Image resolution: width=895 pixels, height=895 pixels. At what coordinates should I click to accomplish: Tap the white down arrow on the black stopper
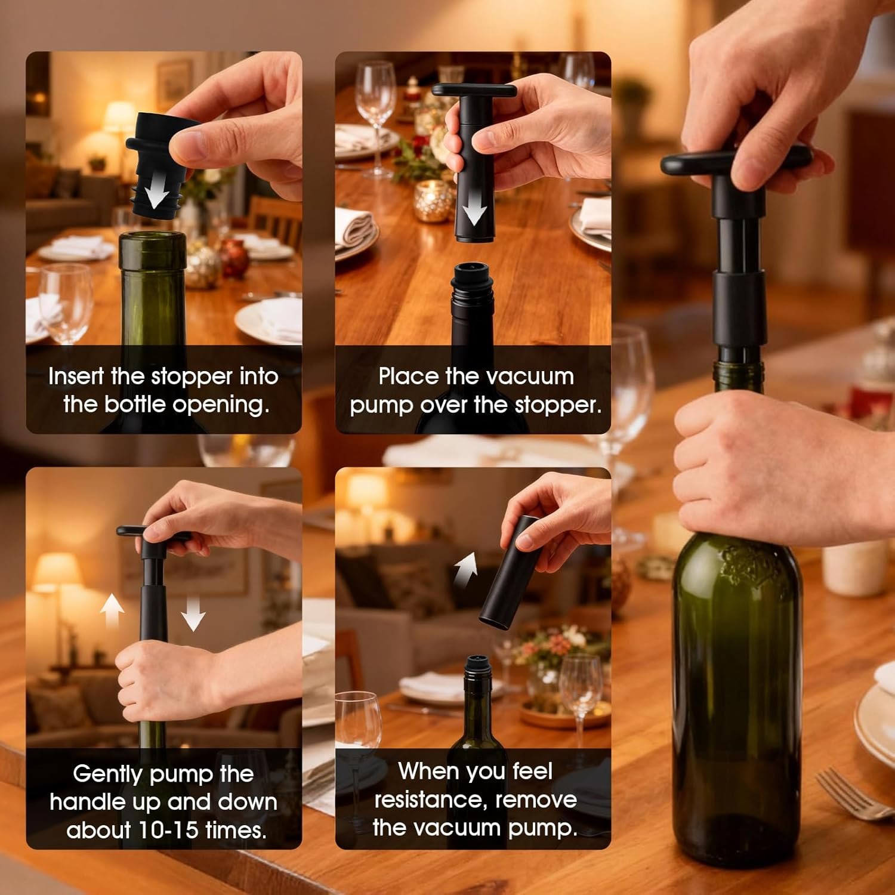click(x=157, y=191)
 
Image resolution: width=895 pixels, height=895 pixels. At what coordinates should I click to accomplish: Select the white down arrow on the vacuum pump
click(x=475, y=209)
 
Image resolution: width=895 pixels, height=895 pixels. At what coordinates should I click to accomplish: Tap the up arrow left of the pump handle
click(x=112, y=612)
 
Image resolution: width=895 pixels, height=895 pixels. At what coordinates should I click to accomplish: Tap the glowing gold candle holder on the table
click(x=434, y=201)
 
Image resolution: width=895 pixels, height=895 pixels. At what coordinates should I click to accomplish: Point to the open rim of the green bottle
click(x=153, y=237)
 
